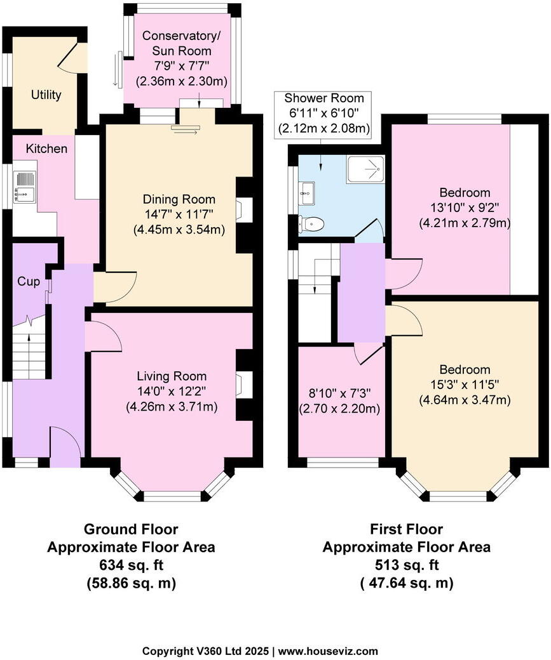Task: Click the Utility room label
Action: (x=46, y=95)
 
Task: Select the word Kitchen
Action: (x=46, y=149)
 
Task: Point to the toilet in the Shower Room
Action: (x=311, y=223)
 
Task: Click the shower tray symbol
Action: (x=365, y=170)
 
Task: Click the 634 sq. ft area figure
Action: (x=131, y=565)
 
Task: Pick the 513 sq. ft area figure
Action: (x=406, y=565)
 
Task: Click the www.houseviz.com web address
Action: (x=329, y=650)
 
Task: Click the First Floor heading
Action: (x=406, y=529)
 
